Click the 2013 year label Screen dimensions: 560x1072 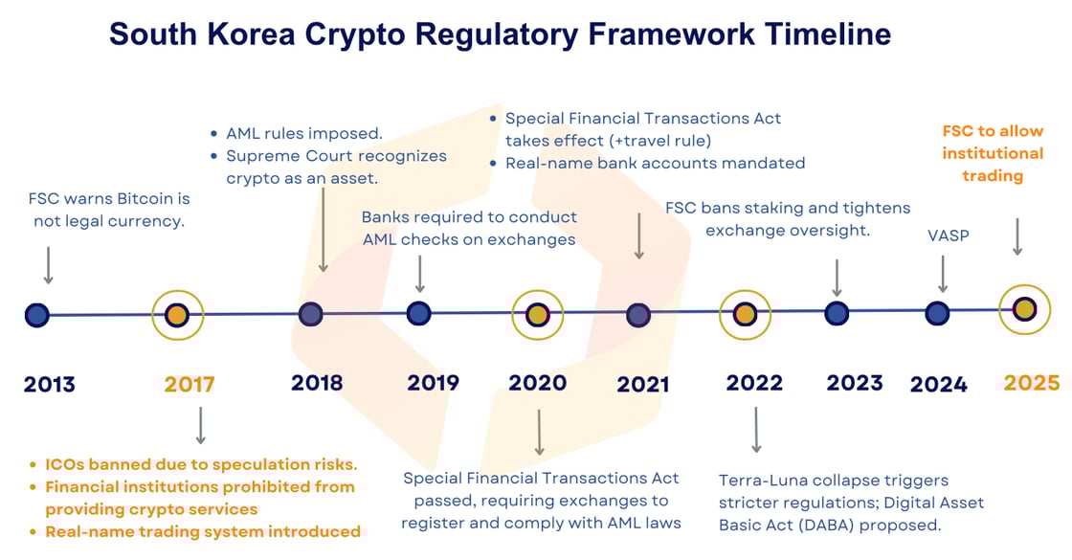point(49,385)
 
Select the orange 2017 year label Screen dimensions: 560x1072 point(190,385)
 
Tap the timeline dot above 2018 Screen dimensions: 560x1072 point(310,314)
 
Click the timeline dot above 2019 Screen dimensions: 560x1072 point(418,313)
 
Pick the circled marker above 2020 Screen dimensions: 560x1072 point(538,315)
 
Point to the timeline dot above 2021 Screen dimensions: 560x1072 point(638,315)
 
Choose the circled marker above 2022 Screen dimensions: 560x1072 point(745,315)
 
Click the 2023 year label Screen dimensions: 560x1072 point(855,383)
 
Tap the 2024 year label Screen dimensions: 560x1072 point(938,385)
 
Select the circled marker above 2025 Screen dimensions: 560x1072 point(1024,309)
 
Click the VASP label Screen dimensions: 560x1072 point(949,235)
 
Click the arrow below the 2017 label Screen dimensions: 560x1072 point(200,426)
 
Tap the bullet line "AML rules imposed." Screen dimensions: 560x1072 point(304,133)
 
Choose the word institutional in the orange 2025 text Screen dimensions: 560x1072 point(993,153)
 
